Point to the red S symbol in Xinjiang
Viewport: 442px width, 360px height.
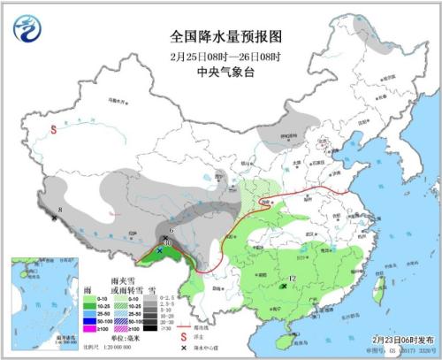click(54, 129)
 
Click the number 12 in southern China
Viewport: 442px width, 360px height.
click(292, 279)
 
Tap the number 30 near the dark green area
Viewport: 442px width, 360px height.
click(167, 243)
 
